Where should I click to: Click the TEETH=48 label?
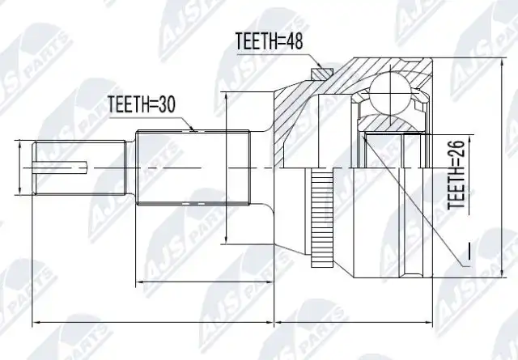click(270, 41)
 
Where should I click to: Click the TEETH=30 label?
click(142, 104)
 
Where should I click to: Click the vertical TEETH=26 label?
click(456, 175)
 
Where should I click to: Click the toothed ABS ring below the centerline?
click(322, 218)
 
